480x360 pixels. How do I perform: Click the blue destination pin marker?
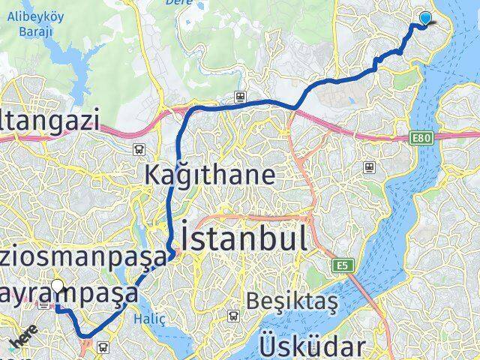(x=426, y=19)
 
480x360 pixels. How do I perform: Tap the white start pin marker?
(x=57, y=286)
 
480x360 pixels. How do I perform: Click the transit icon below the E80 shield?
(x=368, y=166)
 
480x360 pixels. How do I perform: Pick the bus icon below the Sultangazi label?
(x=138, y=149)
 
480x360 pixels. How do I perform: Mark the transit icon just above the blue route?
(x=238, y=95)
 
